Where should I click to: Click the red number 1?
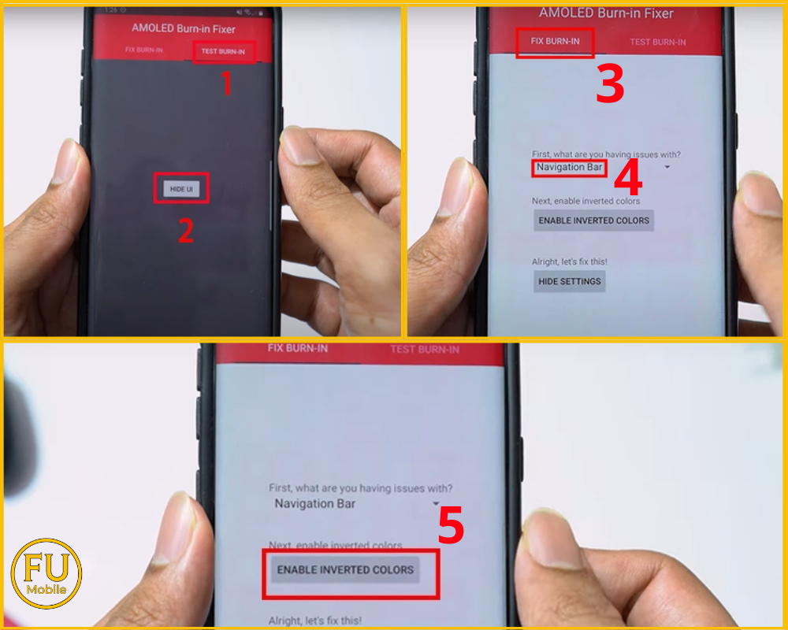226,83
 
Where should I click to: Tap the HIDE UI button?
181,189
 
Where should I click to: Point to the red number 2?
185,230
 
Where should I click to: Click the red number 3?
609,85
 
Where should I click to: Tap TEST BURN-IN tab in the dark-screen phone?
223,53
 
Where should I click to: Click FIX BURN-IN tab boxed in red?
555,41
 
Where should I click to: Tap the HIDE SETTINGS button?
569,281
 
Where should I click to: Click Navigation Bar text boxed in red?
569,167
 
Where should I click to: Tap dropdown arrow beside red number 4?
667,168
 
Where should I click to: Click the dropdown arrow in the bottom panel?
436,503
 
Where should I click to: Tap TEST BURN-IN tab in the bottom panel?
425,349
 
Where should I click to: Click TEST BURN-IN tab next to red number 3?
658,42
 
